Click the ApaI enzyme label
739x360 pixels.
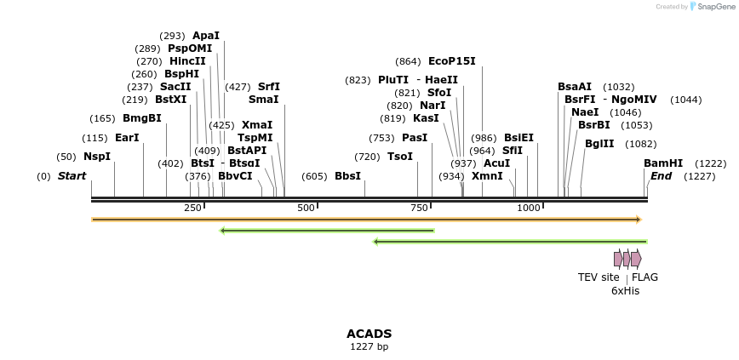point(206,36)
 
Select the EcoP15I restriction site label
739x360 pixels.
point(452,61)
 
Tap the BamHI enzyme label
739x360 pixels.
point(663,163)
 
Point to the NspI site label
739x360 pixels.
point(97,157)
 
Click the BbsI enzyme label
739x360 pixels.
point(347,176)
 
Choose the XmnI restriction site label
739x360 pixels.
point(487,176)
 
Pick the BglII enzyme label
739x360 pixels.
point(599,144)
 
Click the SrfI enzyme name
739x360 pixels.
point(269,87)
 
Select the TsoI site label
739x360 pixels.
point(400,157)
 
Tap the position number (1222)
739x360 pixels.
point(711,163)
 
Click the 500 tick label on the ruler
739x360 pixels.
point(306,209)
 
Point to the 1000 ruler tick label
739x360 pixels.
point(529,209)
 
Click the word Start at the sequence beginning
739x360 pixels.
point(72,176)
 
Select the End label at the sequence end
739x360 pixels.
point(661,176)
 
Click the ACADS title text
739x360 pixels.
point(369,334)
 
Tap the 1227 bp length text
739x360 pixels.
point(369,346)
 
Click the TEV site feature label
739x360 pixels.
point(599,277)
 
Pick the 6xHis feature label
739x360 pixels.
point(625,291)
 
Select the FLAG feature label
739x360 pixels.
point(644,277)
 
